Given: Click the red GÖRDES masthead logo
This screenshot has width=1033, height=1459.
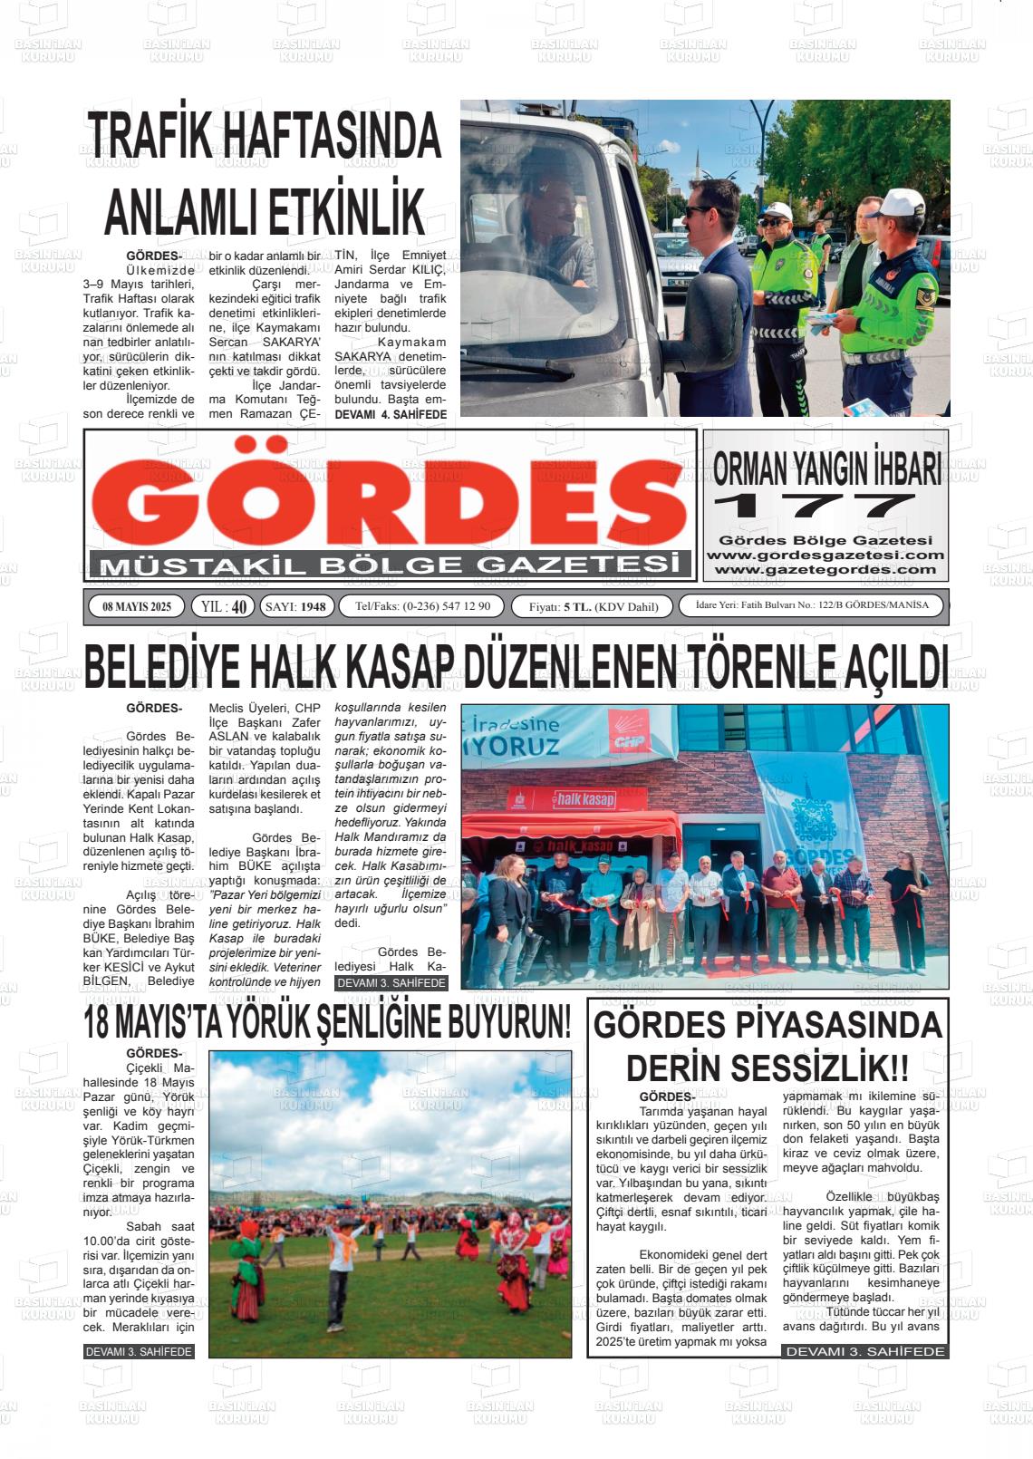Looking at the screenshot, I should coord(390,494).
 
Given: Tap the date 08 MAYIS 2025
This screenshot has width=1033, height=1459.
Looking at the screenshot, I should coord(137,606).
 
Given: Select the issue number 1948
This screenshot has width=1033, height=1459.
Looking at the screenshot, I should coord(313,606).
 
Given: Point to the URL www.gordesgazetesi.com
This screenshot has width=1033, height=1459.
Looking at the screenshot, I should coord(825,556).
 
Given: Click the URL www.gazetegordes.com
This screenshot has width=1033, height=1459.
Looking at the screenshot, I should coord(825,570).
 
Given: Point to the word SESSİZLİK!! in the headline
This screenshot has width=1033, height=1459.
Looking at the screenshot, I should coord(819,1066).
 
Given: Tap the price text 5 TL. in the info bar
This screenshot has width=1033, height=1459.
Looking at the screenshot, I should coord(577,606).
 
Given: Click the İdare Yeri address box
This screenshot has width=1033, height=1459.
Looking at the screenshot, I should coord(811,605).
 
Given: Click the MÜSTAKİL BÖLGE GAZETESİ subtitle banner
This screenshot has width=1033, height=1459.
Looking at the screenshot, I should coord(390,565).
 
